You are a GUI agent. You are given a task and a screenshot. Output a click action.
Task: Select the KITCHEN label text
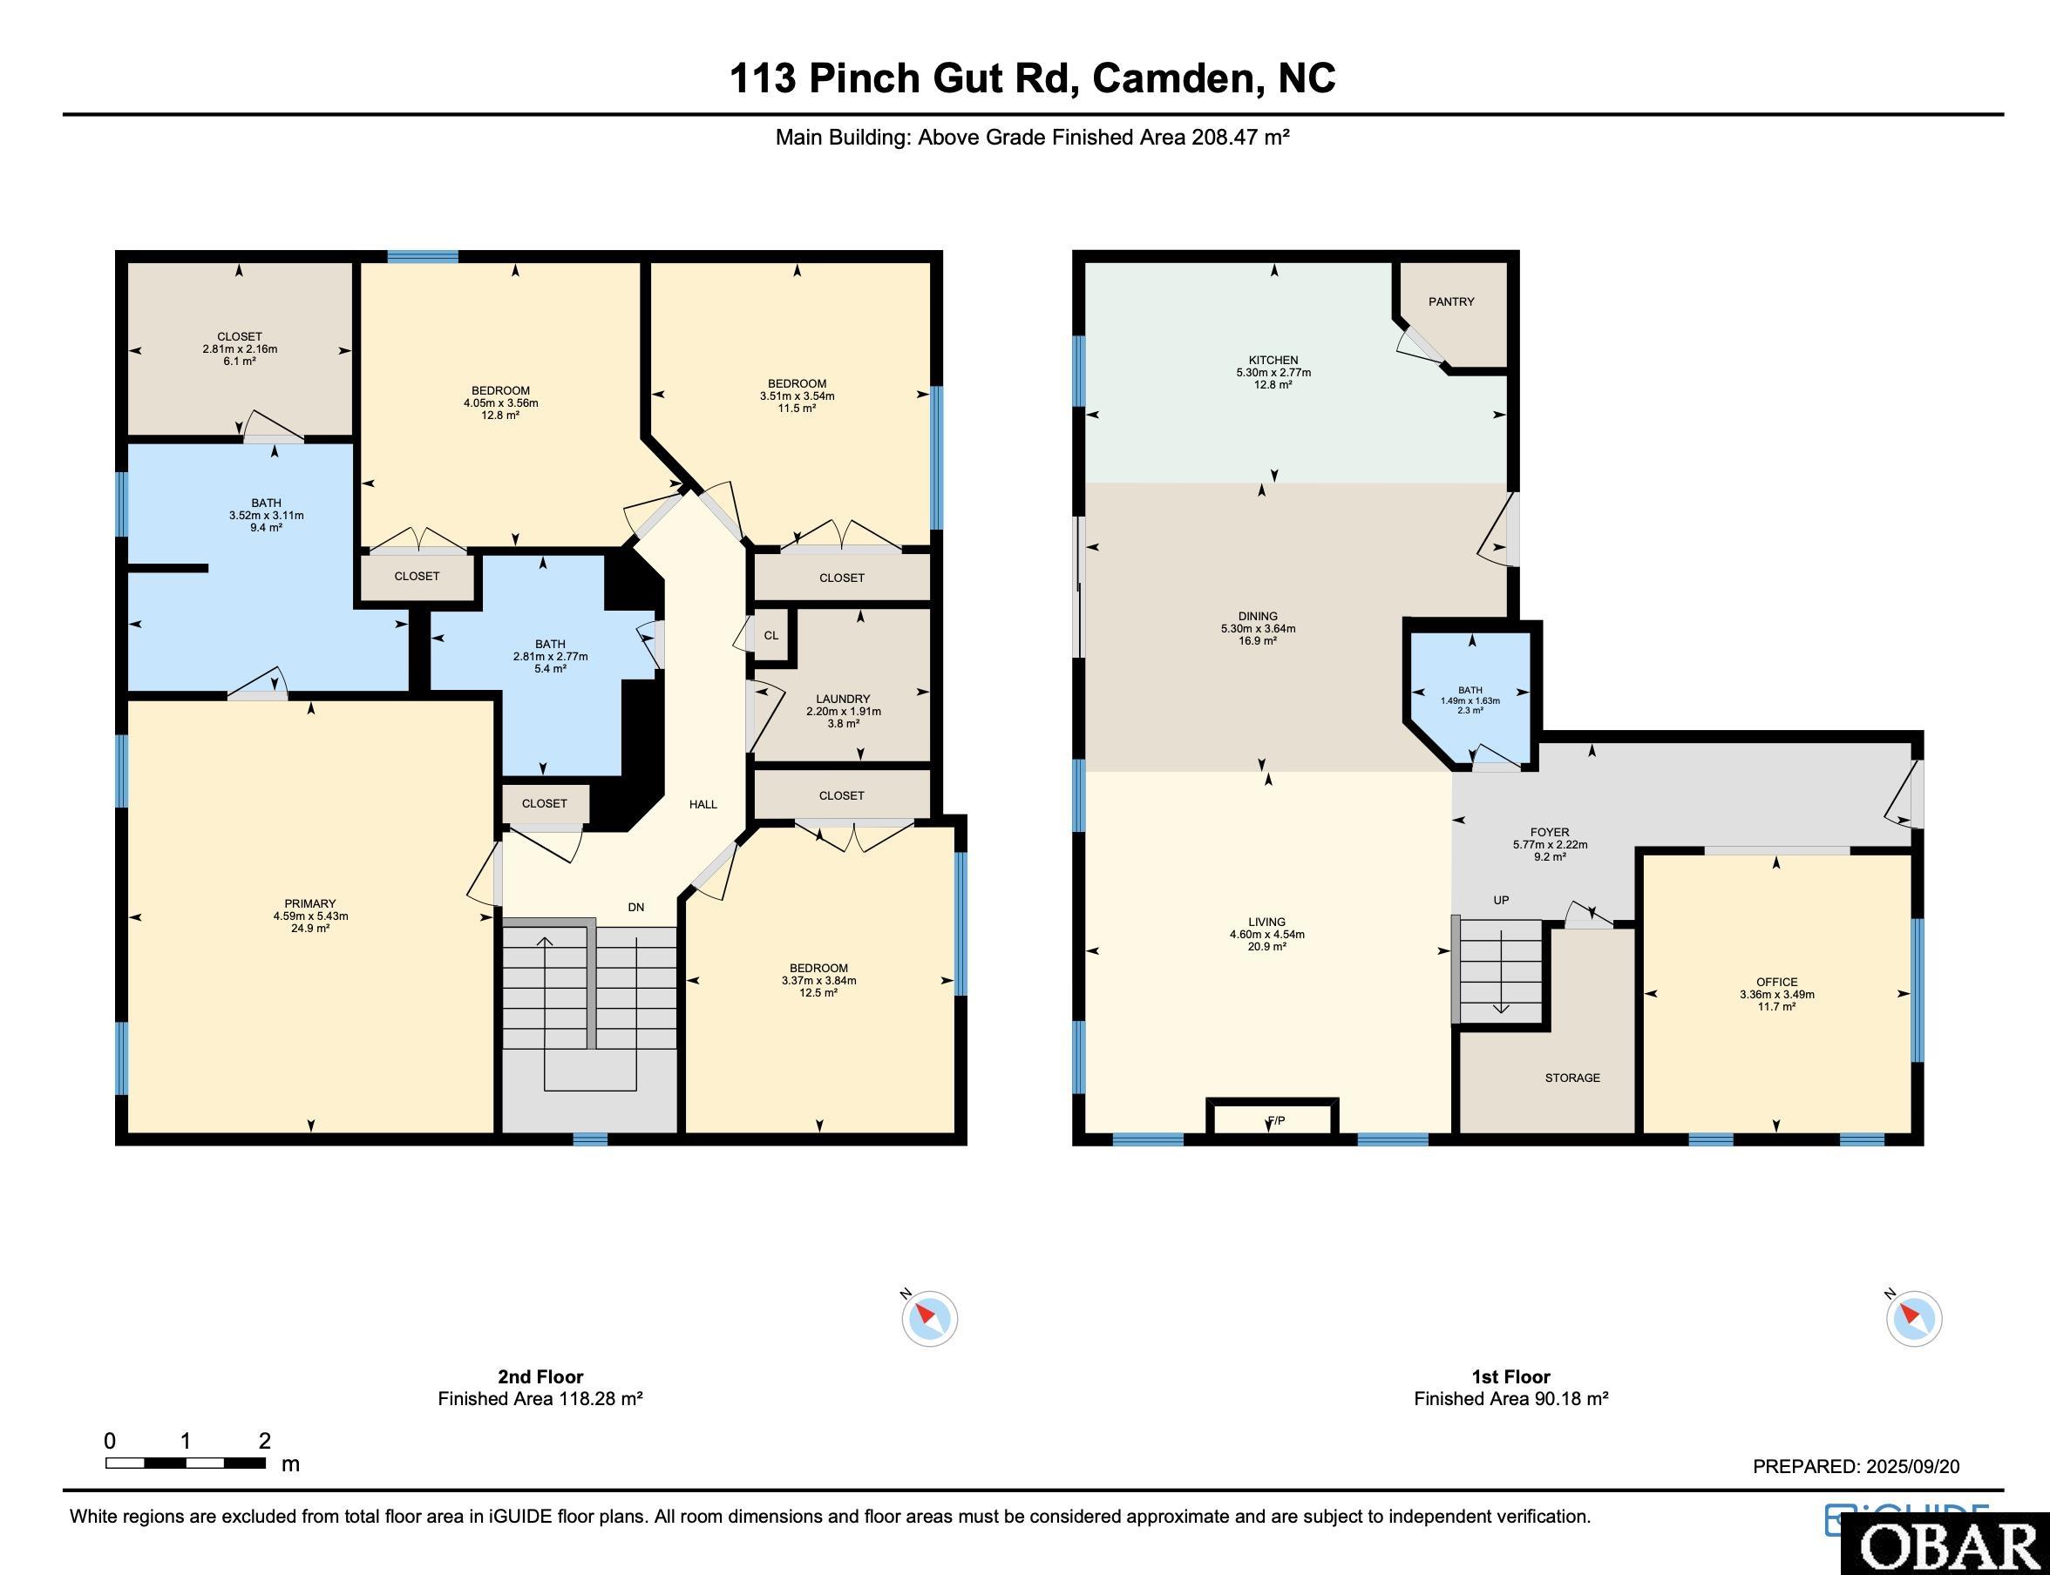tap(1273, 360)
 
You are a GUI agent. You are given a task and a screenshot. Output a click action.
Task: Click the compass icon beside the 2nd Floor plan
tap(929, 1318)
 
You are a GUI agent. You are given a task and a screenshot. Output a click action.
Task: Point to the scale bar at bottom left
tap(184, 1463)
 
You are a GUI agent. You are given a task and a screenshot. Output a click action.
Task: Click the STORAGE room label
tap(1571, 1078)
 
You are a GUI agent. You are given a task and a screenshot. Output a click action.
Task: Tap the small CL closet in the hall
tap(770, 636)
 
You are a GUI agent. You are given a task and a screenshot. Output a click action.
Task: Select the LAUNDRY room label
tap(842, 699)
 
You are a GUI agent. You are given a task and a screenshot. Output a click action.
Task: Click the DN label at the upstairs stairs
tap(635, 907)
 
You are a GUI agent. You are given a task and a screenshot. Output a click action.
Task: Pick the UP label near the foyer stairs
tap(1501, 900)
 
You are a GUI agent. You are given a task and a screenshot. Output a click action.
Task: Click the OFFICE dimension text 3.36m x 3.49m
tap(1776, 995)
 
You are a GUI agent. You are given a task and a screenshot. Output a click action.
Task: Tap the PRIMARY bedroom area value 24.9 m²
tap(309, 928)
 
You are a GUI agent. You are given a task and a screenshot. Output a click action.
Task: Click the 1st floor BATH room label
tap(1470, 690)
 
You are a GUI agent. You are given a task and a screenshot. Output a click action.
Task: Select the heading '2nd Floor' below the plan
tap(540, 1376)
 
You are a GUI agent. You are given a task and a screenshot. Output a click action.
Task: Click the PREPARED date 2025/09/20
tap(1911, 1466)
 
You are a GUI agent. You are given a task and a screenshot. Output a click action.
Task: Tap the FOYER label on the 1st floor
tap(1549, 832)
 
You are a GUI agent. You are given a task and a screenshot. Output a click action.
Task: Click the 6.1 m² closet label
tap(239, 361)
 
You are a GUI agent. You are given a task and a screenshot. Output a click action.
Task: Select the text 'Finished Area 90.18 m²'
tap(1510, 1399)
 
